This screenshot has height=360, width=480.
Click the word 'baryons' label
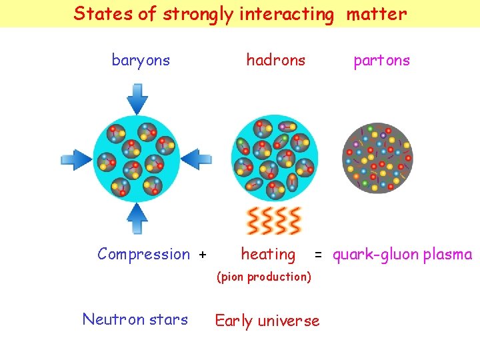pyautogui.click(x=141, y=61)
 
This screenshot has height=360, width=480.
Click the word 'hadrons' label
pyautogui.click(x=275, y=61)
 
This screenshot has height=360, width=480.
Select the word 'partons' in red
pyautogui.click(x=381, y=61)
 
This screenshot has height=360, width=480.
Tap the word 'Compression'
pyautogui.click(x=143, y=254)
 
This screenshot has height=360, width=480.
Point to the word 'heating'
pyautogui.click(x=268, y=254)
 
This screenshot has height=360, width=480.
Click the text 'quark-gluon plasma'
pyautogui.click(x=402, y=254)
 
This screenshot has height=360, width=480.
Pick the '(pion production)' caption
pyautogui.click(x=264, y=276)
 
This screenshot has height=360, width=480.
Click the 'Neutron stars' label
pyautogui.click(x=135, y=319)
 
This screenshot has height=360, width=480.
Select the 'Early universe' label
pyautogui.click(x=267, y=321)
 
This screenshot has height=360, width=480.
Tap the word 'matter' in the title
pyautogui.click(x=376, y=13)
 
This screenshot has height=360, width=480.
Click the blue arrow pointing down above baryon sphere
pyautogui.click(x=137, y=98)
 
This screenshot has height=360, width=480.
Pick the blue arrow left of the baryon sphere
pyautogui.click(x=75, y=159)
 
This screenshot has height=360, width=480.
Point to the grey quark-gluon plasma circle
pyautogui.click(x=377, y=158)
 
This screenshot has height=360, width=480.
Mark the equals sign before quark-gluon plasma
pyautogui.click(x=319, y=255)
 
